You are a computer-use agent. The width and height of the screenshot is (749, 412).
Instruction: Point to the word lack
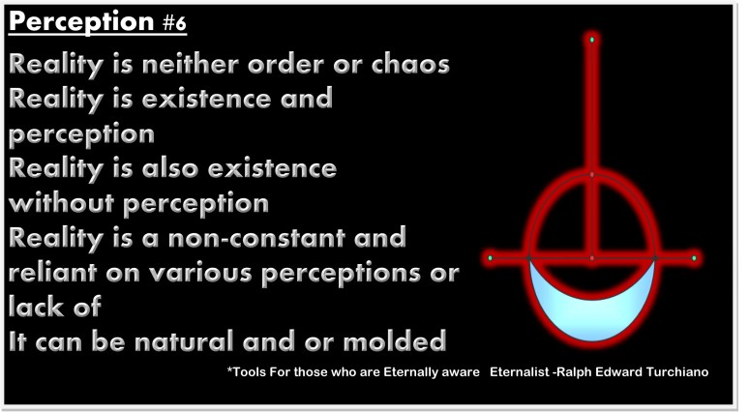pyautogui.click(x=35, y=306)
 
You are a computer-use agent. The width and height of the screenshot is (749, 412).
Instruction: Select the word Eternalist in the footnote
pyautogui.click(x=521, y=372)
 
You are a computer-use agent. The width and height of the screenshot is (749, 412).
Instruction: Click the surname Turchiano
pyautogui.click(x=682, y=372)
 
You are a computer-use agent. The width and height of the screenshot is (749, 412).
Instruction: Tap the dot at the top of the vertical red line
pyautogui.click(x=592, y=40)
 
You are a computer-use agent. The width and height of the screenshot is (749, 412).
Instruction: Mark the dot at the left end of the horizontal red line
pyautogui.click(x=492, y=258)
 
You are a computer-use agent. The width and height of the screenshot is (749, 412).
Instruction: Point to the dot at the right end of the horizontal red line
pyautogui.click(x=694, y=258)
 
